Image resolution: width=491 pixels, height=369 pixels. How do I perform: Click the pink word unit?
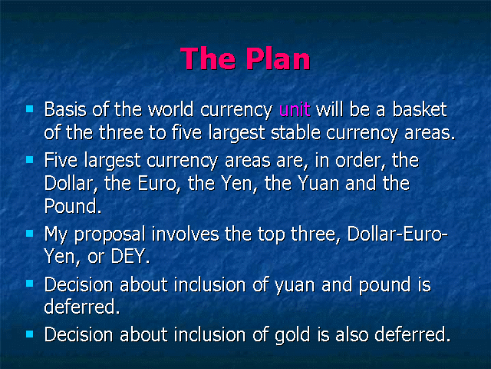[295, 109]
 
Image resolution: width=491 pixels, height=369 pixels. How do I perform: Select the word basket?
[420, 109]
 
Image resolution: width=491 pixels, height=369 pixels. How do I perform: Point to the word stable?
[295, 132]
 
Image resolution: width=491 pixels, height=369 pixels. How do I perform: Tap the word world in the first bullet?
[170, 109]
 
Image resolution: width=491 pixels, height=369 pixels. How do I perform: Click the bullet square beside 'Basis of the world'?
[30, 109]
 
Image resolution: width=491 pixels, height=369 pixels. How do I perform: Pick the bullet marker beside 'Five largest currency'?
[30, 159]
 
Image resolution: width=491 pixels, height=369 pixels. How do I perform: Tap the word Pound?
[73, 206]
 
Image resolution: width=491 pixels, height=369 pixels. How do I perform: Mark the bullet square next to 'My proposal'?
[30, 234]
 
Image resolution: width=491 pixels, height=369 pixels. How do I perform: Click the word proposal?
[110, 234]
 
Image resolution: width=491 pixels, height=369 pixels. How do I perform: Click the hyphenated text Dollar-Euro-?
[397, 234]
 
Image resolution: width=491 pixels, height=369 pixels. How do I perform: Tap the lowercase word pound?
[384, 285]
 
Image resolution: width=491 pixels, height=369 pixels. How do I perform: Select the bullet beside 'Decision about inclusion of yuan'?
[30, 284]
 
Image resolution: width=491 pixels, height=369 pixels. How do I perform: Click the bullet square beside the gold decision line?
[30, 334]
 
